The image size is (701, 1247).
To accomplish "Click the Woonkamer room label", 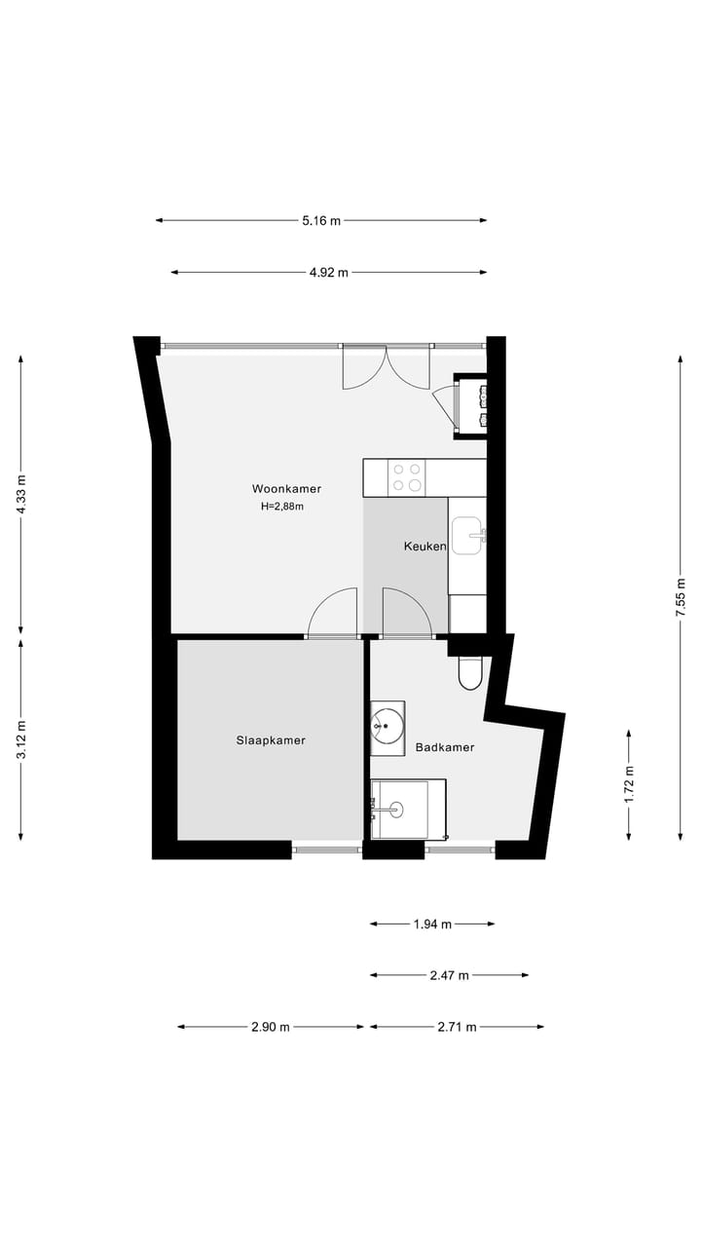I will (x=286, y=488).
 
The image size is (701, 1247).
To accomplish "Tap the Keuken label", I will (x=424, y=547).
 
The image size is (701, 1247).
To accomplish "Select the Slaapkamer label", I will (x=271, y=740).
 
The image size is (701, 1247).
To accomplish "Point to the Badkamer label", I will (x=445, y=747).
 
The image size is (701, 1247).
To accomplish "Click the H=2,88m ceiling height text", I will (x=282, y=507).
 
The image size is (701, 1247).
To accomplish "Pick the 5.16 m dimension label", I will (x=321, y=220).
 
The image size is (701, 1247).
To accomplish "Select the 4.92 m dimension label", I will (x=329, y=273).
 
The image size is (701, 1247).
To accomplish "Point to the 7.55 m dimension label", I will (x=681, y=597).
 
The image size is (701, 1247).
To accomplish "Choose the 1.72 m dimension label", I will (x=628, y=783).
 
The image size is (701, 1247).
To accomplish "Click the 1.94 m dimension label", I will (x=432, y=925).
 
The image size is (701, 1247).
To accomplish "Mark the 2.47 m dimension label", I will (x=449, y=975).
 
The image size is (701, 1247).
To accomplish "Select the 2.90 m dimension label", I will (x=271, y=1027).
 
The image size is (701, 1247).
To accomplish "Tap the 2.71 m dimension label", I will (x=457, y=1027).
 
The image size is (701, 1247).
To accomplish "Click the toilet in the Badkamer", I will (x=471, y=672).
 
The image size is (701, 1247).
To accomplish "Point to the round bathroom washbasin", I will (x=387, y=724).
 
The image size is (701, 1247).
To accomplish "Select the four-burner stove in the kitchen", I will (x=407, y=476).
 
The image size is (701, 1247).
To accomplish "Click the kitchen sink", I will (x=467, y=535).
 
